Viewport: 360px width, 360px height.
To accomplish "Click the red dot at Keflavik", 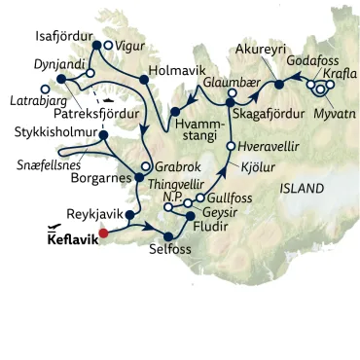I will [x=102, y=233].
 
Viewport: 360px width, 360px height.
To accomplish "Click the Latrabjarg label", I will [x=28, y=100].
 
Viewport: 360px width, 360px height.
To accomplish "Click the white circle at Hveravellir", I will [x=231, y=147].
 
